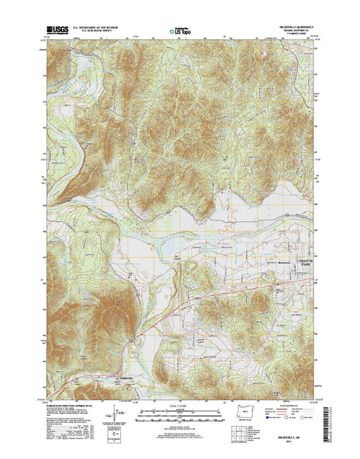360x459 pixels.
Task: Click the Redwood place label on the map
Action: (269, 264)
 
